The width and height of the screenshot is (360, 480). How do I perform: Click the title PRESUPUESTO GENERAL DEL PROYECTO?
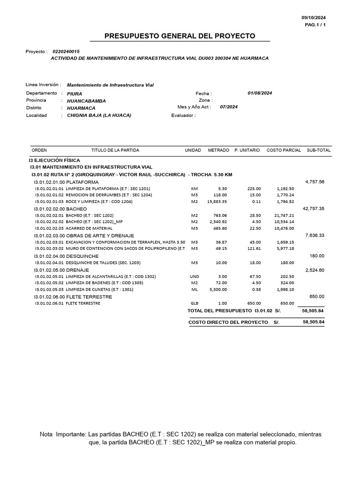pos(180,36)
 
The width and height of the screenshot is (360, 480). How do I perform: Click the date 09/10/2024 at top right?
pos(313,17)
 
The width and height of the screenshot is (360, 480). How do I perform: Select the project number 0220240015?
pos(66,52)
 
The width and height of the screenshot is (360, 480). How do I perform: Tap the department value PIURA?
pos(75,94)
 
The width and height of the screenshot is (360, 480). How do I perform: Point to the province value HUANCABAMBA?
pos(86,101)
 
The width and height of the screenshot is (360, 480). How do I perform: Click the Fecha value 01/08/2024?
pos(260,93)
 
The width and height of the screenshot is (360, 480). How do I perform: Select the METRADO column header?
pos(218,150)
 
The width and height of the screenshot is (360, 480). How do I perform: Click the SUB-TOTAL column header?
pos(318,150)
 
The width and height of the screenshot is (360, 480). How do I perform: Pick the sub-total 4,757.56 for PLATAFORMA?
pos(315,181)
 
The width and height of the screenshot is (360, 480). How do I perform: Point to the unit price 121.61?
pos(254,248)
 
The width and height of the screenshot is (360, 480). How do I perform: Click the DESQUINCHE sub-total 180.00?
pos(317,256)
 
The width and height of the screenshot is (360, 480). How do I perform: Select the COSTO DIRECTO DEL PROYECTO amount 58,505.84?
pos(314,322)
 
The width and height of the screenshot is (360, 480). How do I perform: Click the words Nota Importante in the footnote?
pos(62,435)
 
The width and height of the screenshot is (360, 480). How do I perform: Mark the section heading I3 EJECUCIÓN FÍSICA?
pos(54,160)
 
